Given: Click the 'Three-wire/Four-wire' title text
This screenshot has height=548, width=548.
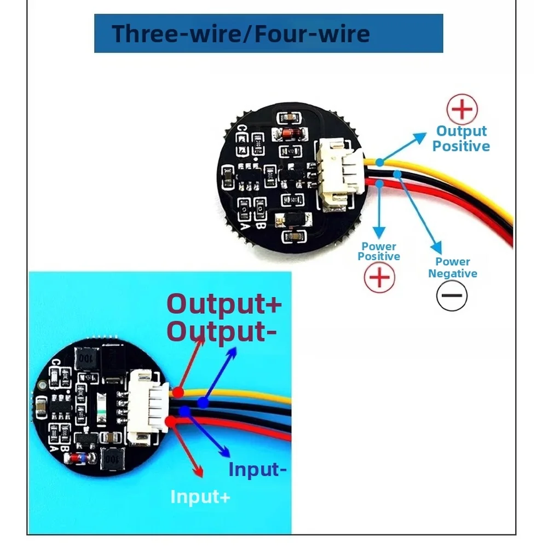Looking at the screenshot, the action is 241,33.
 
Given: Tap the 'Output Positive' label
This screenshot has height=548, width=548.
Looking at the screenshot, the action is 461,139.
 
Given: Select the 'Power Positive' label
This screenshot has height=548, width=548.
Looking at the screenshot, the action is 379,251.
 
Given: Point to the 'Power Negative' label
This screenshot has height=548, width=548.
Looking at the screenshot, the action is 453,267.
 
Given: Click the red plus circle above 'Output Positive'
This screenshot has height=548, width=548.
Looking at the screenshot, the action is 462,109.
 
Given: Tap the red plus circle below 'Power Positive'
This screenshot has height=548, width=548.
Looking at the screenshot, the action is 379,278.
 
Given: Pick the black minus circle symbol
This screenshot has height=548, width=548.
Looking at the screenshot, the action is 452,295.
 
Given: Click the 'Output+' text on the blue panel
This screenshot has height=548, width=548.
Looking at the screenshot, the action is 224,304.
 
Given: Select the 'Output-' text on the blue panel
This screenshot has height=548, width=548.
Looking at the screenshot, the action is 222,331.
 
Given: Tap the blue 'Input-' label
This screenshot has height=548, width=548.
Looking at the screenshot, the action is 257,469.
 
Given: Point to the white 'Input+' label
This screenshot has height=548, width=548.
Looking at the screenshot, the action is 200,497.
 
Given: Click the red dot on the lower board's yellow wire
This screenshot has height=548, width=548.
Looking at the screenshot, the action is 178,392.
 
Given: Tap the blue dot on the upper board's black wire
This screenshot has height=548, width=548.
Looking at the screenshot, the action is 397,174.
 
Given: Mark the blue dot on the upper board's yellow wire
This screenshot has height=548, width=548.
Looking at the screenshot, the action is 379,162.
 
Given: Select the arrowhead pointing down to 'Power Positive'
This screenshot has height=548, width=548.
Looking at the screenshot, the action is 379,233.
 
